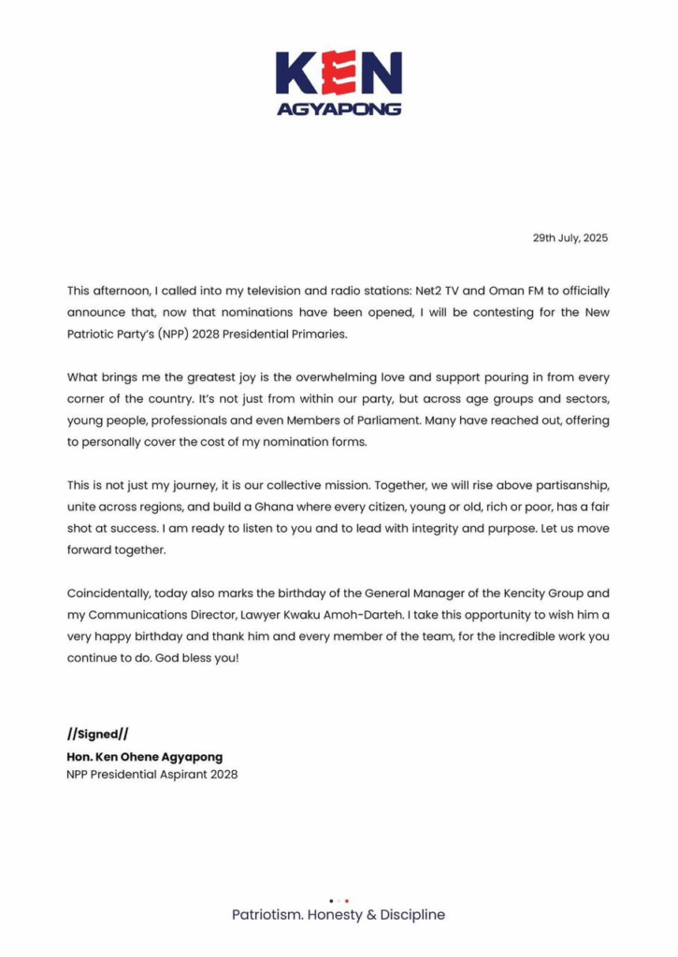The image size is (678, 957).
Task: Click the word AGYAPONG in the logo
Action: coord(339,108)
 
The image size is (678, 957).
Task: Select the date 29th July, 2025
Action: coord(570,238)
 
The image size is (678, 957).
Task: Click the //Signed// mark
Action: coord(97,735)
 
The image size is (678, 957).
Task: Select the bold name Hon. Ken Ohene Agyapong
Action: coord(145,757)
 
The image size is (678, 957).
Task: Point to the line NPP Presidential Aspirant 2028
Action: coord(152,775)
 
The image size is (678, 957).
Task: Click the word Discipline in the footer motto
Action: coord(413,915)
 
